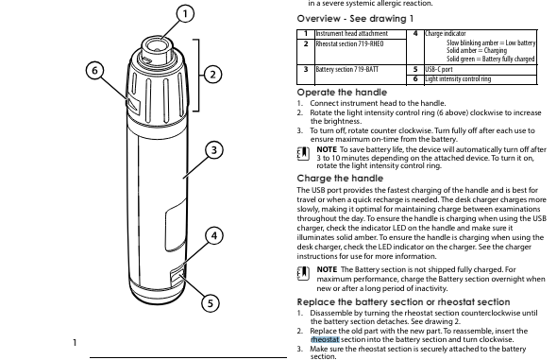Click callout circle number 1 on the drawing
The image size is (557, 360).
185,14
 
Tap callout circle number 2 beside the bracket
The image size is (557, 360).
212,75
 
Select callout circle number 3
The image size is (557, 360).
214,150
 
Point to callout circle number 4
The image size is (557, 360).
214,235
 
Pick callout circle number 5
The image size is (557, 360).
211,303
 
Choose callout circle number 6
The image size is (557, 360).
94,70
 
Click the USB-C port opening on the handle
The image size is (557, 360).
177,277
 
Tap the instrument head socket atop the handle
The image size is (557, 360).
157,47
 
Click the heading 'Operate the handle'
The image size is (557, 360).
342,93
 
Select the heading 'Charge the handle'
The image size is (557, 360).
340,179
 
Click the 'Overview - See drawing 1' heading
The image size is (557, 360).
355,19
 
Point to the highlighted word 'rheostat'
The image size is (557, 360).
325,340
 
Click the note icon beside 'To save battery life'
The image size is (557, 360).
303,153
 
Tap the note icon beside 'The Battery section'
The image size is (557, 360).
303,273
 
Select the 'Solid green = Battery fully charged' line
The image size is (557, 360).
491,59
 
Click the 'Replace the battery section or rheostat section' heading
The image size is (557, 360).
403,302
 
